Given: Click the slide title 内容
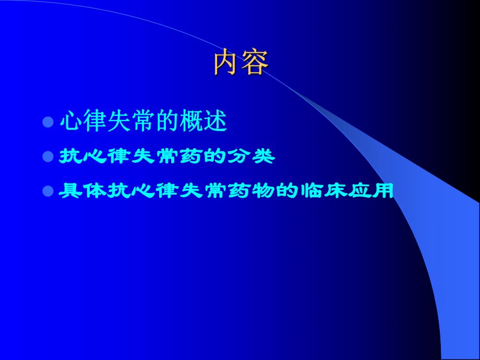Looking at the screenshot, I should click(x=241, y=63).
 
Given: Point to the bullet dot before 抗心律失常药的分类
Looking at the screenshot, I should click(x=48, y=157).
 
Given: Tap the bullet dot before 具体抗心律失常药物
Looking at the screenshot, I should click(x=48, y=191).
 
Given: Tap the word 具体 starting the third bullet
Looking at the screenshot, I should click(x=82, y=191).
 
